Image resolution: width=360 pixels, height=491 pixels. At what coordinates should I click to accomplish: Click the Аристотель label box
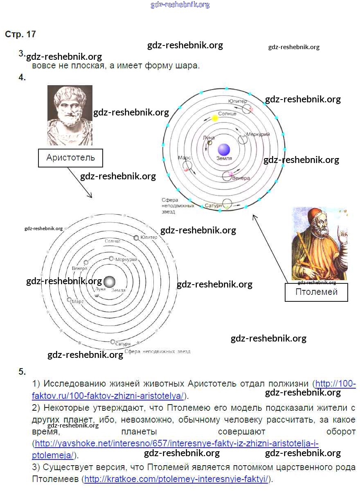coord(70,158)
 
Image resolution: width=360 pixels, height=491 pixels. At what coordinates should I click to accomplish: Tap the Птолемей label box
coord(316,292)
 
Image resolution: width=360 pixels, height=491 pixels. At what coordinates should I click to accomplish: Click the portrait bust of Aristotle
coord(70,115)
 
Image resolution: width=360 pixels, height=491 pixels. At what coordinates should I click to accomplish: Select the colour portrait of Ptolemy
coord(319,243)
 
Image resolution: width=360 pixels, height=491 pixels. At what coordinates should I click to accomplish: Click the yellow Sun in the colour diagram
coord(215,118)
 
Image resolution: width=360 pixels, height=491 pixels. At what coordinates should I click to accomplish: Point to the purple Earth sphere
coord(224,149)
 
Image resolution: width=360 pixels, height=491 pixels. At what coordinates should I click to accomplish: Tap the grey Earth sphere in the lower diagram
coord(109,282)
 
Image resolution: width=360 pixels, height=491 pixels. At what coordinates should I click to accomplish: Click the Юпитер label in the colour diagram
coord(238,101)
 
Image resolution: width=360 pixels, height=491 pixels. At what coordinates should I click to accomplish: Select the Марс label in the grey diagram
coord(78,301)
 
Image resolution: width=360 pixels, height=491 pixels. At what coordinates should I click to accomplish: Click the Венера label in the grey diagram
coord(79,269)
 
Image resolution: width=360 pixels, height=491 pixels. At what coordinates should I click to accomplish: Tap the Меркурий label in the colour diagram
coord(258,134)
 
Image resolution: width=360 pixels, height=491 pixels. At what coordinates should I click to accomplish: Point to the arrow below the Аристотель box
coord(80,183)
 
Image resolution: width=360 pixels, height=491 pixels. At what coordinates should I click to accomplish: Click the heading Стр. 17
coord(20,34)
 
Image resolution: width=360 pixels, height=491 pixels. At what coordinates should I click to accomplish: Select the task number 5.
coord(22,372)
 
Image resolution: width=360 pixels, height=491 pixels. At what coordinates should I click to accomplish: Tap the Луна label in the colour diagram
coord(209,138)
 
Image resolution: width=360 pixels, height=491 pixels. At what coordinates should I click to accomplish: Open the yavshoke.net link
coord(176,443)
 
